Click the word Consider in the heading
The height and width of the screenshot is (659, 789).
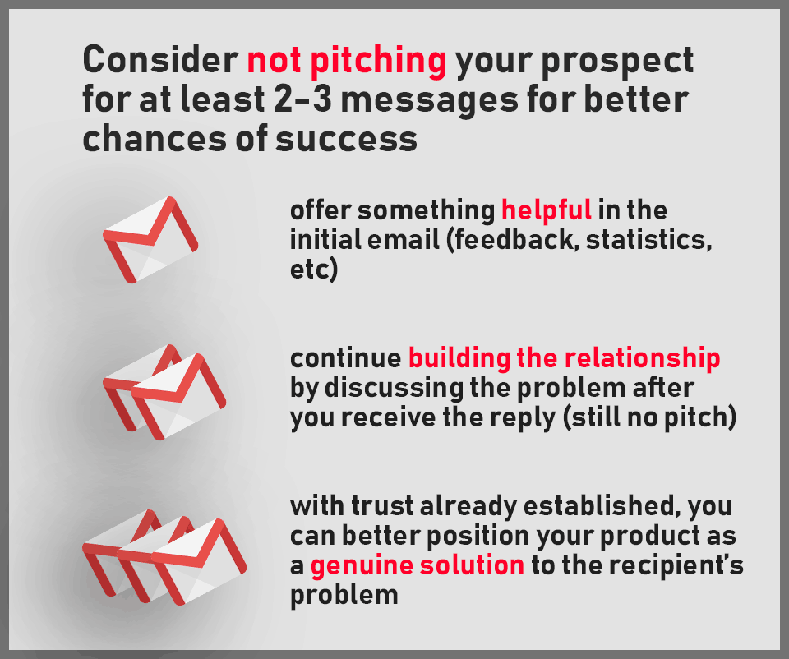pos(160,60)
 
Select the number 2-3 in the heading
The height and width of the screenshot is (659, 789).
pos(303,99)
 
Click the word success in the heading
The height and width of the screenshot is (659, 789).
pos(347,140)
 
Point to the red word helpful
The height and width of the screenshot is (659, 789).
pos(547,211)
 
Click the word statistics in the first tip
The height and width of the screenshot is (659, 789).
pos(649,239)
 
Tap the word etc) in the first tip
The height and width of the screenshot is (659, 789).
pos(313,270)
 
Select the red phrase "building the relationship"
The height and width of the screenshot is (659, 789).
pos(564,359)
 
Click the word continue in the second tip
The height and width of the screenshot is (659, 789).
pos(346,359)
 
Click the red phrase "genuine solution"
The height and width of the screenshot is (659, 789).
pos(418,566)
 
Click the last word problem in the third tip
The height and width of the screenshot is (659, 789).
pos(344,596)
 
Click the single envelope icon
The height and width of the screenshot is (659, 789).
pos(150,239)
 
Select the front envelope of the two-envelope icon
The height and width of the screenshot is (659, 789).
pos(178,397)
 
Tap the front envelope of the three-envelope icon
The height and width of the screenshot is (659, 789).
pos(199,562)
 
